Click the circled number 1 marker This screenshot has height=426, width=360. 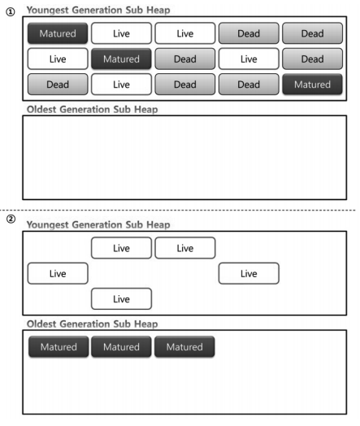(10, 12)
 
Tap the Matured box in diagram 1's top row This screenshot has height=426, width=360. (57, 34)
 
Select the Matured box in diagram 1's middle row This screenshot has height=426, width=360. (121, 59)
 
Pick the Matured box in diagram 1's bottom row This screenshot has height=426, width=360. (313, 85)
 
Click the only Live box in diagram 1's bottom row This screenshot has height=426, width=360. (121, 85)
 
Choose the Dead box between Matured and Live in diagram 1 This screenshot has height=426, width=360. (184, 59)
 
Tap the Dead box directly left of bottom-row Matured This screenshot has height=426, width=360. (249, 85)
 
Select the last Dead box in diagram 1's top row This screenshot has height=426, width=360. (313, 34)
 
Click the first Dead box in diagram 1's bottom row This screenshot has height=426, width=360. (57, 85)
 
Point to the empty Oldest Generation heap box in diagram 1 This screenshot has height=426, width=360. (184, 157)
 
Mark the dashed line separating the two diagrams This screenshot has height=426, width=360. (180, 211)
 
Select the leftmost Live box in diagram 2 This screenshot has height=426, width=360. (57, 274)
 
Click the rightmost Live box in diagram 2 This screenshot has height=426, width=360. (249, 274)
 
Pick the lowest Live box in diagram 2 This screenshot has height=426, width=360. (121, 299)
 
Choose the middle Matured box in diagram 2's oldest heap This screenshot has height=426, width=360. (121, 347)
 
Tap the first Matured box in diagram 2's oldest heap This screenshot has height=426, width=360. (57, 347)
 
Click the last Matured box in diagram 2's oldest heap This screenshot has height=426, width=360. (184, 347)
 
